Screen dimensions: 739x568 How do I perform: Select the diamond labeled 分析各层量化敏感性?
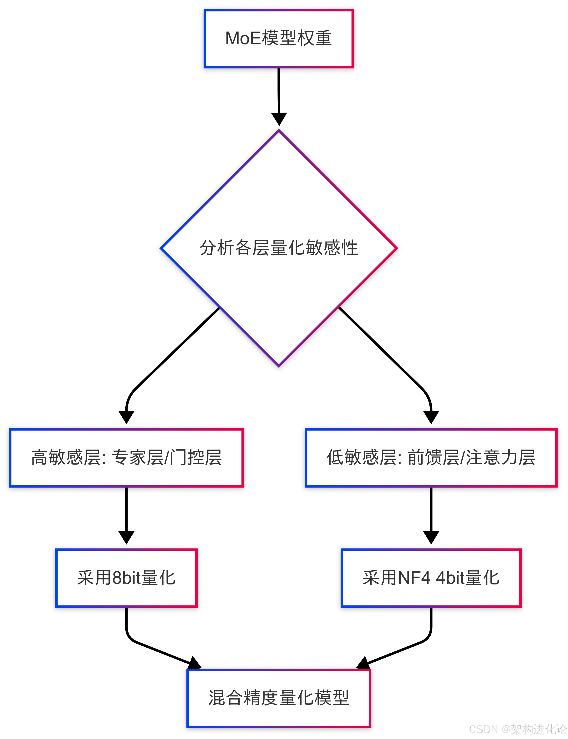coord(279,248)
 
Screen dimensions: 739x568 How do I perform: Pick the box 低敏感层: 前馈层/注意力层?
coord(431,458)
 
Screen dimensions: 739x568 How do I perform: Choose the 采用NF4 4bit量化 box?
coord(431,578)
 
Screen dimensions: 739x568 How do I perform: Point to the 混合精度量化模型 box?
coord(279,698)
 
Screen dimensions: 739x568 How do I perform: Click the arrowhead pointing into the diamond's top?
coord(279,119)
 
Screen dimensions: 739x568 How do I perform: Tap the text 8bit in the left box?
coord(126,578)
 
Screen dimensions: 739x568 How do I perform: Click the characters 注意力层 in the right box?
coord(501,458)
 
